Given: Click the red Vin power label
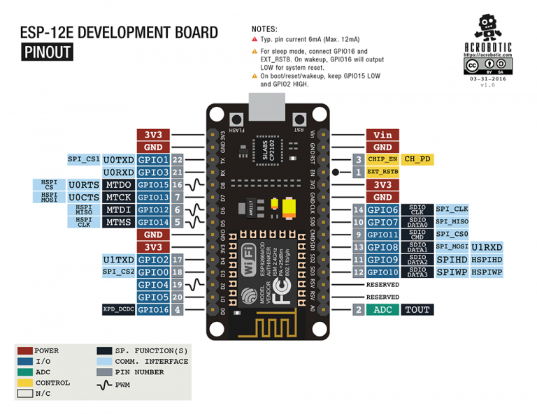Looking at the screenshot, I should [382, 135].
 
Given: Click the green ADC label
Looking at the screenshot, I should [382, 309].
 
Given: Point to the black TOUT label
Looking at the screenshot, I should [417, 309].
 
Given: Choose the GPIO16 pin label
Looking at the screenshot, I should [153, 309].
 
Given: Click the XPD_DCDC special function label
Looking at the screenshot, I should [117, 309].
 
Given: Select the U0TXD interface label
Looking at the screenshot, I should [118, 160].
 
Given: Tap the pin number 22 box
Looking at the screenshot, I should [178, 160].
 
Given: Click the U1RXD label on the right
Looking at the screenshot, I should [486, 247].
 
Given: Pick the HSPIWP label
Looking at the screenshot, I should [486, 272].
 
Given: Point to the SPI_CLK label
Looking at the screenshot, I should [452, 209].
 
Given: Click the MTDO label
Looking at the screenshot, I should [118, 184].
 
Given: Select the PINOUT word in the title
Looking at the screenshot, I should [47, 52].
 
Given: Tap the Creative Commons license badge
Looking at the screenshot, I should [487, 66].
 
